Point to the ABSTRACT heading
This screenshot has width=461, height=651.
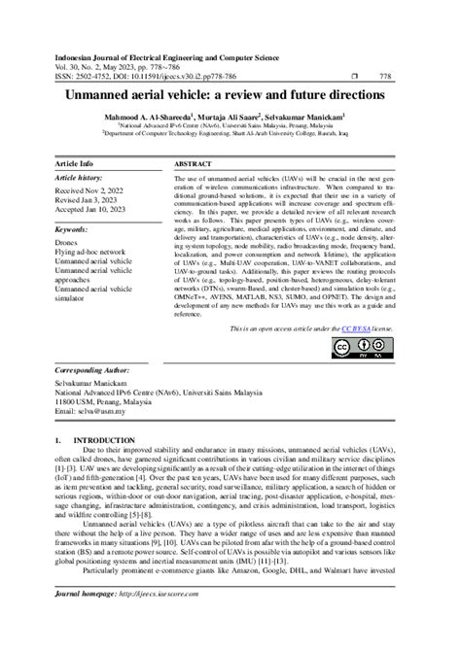coord(193,164)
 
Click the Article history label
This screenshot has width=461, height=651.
coord(79,180)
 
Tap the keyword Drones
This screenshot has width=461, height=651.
coord(67,244)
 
